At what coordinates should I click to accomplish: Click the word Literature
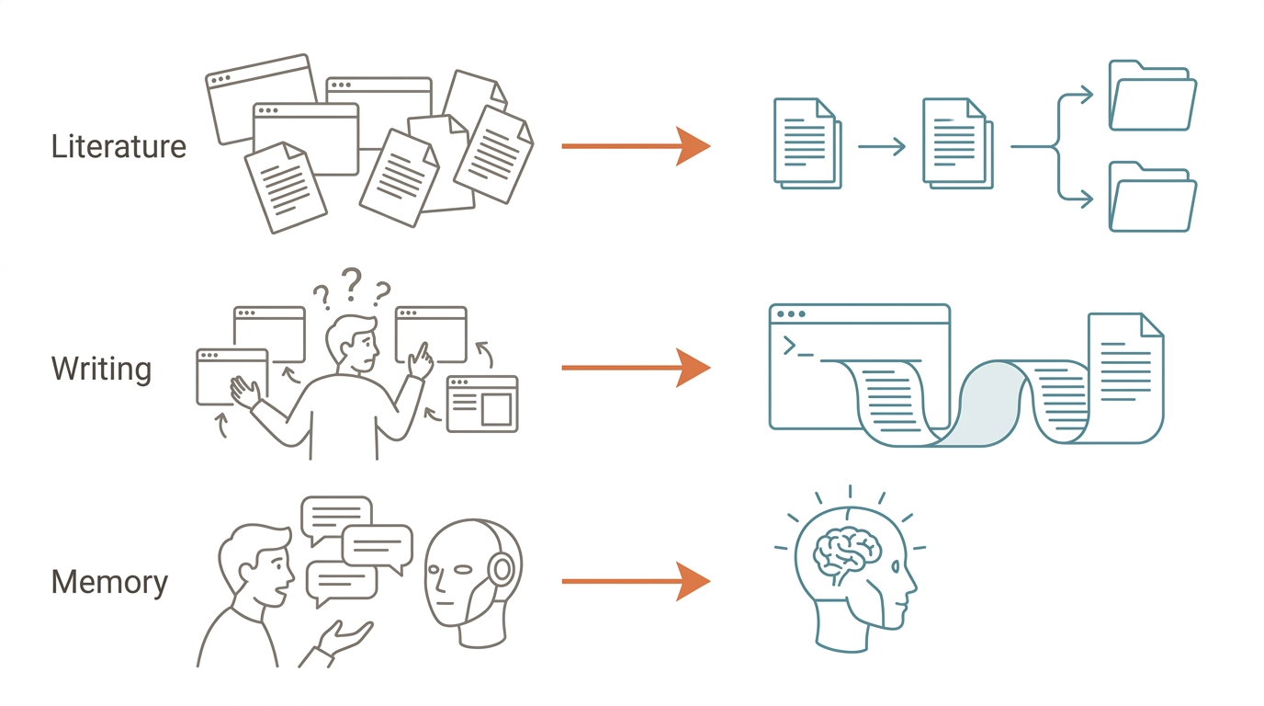pyautogui.click(x=118, y=146)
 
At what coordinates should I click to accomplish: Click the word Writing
pyautogui.click(x=102, y=370)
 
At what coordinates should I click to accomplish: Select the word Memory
pyautogui.click(x=109, y=582)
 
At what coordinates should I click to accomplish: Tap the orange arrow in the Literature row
pyautogui.click(x=636, y=146)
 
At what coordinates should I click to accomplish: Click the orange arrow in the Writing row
pyautogui.click(x=636, y=368)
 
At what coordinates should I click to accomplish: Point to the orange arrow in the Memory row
pyautogui.click(x=636, y=581)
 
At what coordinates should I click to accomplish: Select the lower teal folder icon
pyautogui.click(x=1152, y=197)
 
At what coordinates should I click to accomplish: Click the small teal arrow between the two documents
pyautogui.click(x=882, y=146)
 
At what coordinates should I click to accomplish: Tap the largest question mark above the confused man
pyautogui.click(x=352, y=284)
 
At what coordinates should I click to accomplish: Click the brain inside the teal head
pyautogui.click(x=846, y=554)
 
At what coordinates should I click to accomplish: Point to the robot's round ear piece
pyautogui.click(x=501, y=568)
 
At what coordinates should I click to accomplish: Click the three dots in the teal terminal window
pyautogui.click(x=791, y=314)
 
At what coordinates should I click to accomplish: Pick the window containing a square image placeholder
pyautogui.click(x=482, y=404)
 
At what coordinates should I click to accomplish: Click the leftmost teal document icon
pyautogui.click(x=807, y=143)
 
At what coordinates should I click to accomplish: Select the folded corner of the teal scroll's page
pyautogui.click(x=1151, y=326)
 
